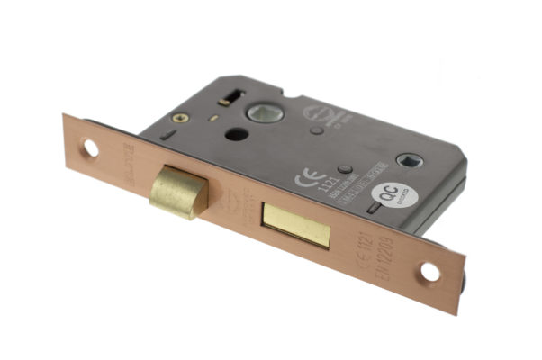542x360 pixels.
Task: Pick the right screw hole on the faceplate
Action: click(x=430, y=270)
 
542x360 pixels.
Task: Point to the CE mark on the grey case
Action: click(x=305, y=177)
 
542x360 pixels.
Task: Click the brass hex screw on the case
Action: click(x=179, y=118)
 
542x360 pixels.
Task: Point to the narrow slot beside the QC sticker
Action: click(x=372, y=209)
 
